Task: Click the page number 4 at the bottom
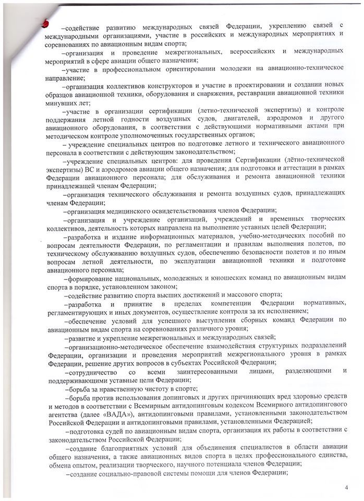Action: (x=346, y=488)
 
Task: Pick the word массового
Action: (x=229, y=295)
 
